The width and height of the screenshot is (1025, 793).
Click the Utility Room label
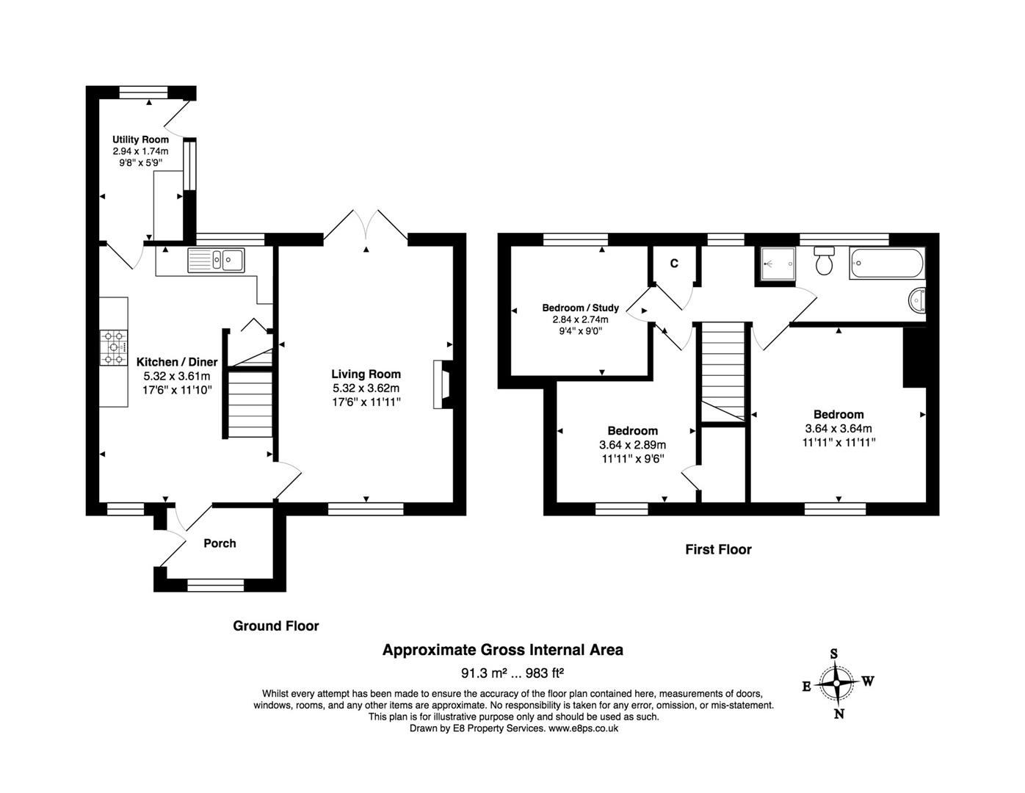point(140,140)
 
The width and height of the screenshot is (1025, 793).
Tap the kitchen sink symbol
point(216,260)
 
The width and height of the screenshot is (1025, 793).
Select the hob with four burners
point(114,347)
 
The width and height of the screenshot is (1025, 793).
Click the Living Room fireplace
point(443,384)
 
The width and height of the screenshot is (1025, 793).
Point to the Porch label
point(220,543)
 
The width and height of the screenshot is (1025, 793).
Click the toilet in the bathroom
point(824,261)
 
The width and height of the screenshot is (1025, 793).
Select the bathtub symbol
point(886,263)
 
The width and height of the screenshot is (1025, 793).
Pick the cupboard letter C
point(674,264)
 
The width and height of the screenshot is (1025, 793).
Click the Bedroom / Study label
point(580,308)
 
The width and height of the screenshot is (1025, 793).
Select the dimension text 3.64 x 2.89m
point(632,445)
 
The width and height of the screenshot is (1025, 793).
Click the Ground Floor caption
point(276,626)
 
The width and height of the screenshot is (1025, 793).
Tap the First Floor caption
point(718,549)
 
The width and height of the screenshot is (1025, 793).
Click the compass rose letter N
point(839,714)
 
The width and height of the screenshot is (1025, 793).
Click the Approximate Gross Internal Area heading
point(503,650)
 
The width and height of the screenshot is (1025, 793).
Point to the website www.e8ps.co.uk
point(583,728)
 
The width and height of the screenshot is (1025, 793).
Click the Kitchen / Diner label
point(177,362)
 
